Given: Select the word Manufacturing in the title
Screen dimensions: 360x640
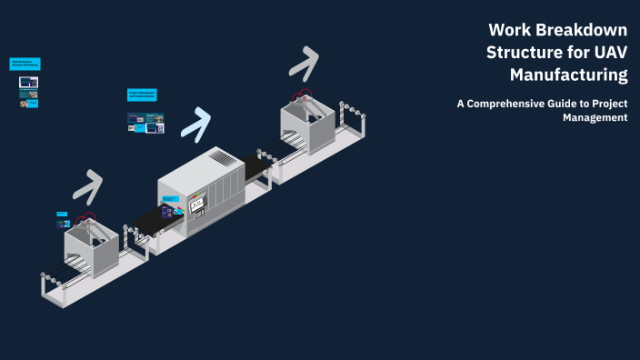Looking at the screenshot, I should click(569, 74).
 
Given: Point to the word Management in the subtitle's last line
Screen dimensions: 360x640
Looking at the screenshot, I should click(595, 117).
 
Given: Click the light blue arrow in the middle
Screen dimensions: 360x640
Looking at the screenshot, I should click(196, 122).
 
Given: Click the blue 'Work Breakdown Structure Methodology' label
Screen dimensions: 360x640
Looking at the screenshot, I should click(25, 64).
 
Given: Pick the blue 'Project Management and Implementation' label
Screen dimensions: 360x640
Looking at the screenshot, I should click(143, 94).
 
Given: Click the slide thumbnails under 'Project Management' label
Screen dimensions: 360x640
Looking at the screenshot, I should click(145, 122).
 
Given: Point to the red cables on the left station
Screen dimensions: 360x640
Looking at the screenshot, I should click(86, 218).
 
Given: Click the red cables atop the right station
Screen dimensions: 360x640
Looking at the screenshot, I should click(300, 95).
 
